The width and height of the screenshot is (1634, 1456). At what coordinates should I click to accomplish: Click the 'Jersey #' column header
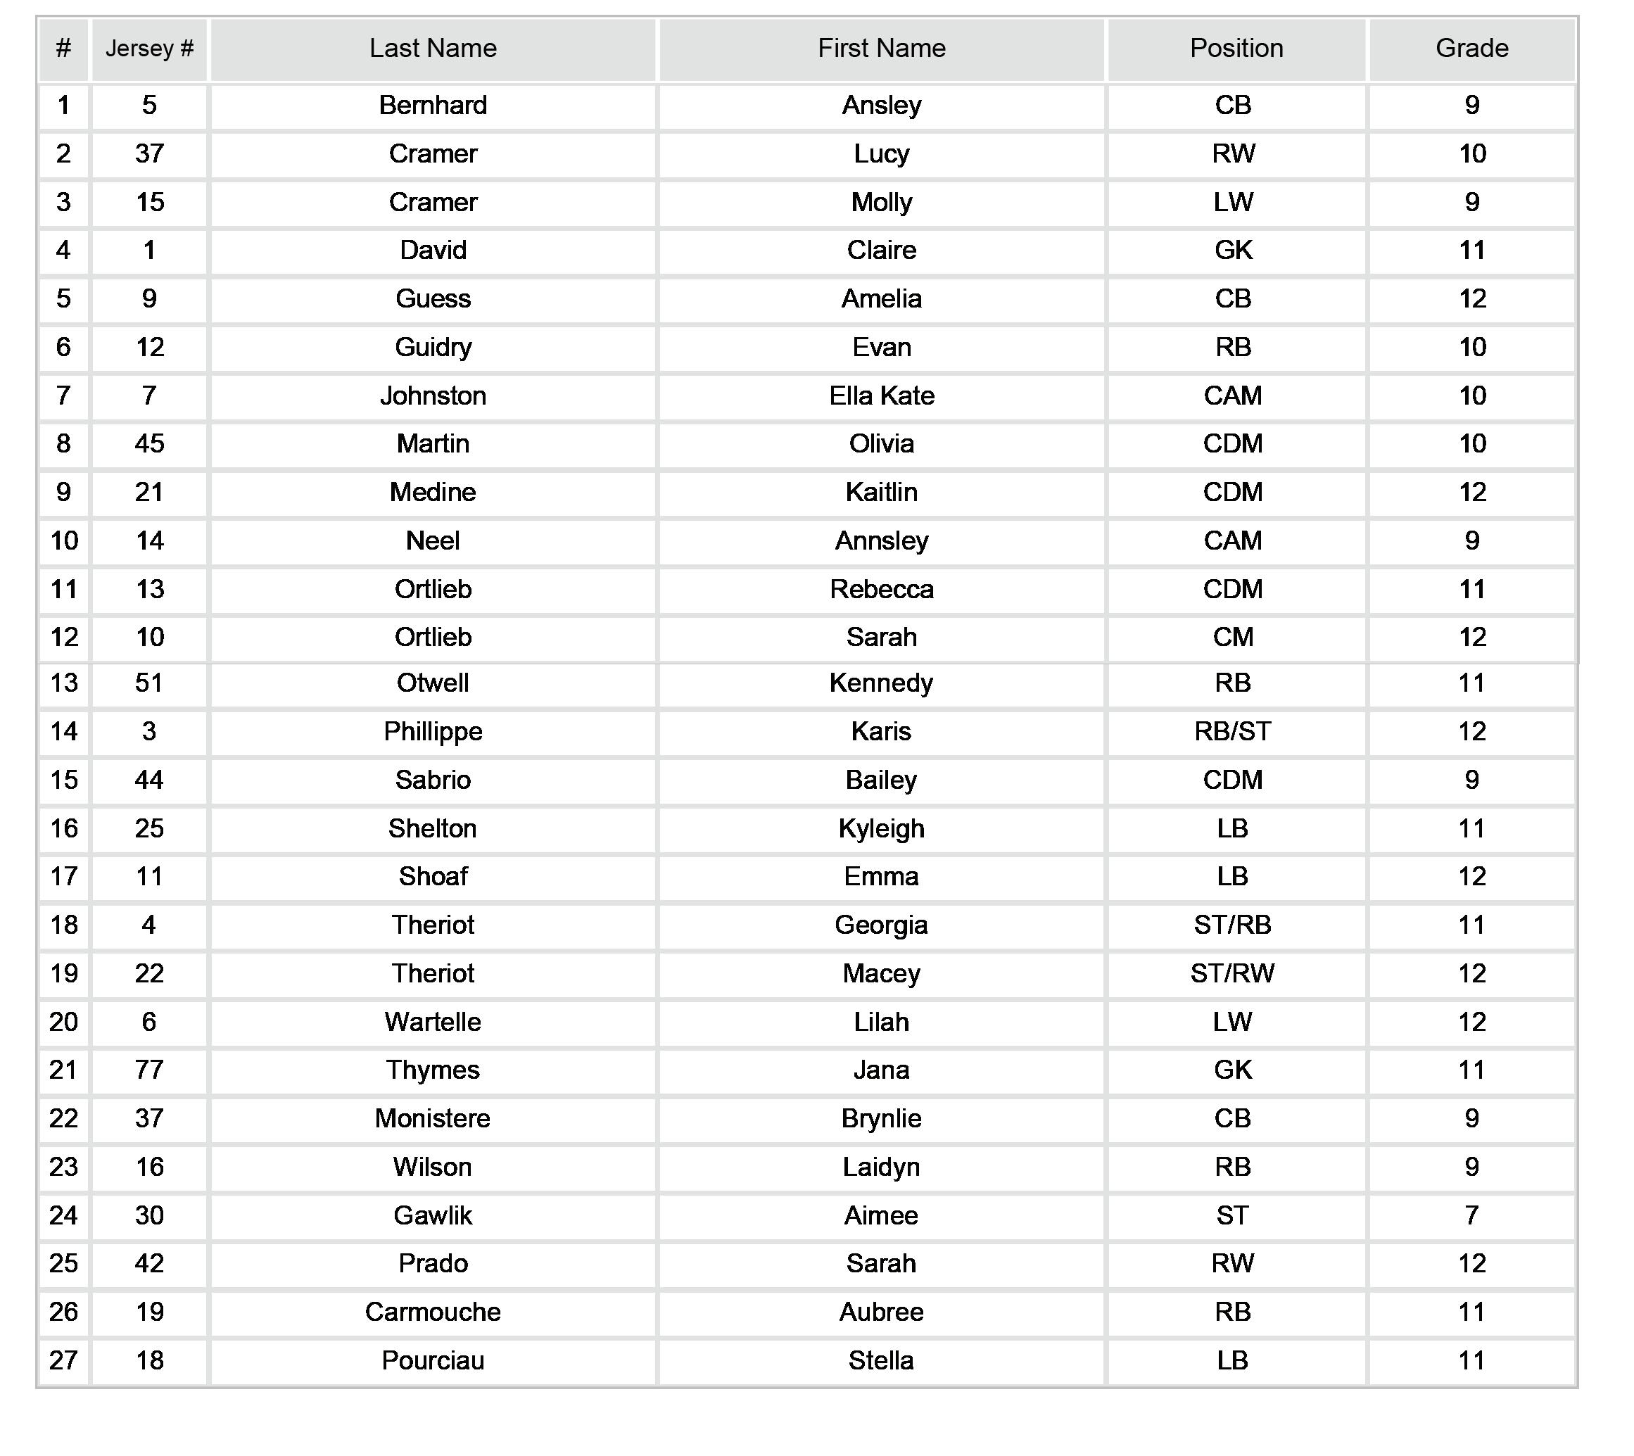coord(150,49)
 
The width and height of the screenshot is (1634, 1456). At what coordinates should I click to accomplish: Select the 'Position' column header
coord(1236,49)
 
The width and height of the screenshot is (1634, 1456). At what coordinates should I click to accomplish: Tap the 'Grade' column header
coord(1471,49)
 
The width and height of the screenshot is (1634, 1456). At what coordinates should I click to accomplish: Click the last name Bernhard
coord(433,106)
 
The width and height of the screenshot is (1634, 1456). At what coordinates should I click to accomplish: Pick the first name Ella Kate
coord(881,396)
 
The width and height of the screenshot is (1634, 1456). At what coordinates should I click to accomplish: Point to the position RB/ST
coord(1232,732)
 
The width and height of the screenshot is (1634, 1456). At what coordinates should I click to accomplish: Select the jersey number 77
coord(150,1070)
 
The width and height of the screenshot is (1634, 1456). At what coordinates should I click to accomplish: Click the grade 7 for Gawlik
coord(1471,1216)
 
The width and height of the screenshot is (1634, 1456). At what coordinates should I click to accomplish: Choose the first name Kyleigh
coord(881,829)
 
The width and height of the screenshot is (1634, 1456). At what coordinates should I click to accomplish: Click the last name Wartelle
coord(433,1023)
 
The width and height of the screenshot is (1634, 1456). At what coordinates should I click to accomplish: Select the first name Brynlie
coord(881,1119)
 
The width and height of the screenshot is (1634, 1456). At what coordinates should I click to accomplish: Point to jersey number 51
coord(150,683)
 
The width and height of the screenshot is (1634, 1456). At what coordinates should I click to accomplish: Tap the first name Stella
coord(881,1361)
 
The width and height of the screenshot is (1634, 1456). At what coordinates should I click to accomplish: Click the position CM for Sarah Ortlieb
coord(1232,638)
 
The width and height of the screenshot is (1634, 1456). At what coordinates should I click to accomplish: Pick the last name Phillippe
coord(433,732)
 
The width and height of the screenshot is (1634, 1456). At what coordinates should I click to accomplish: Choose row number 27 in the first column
coord(64,1361)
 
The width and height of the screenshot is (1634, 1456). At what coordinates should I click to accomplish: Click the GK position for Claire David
coord(1232,251)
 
